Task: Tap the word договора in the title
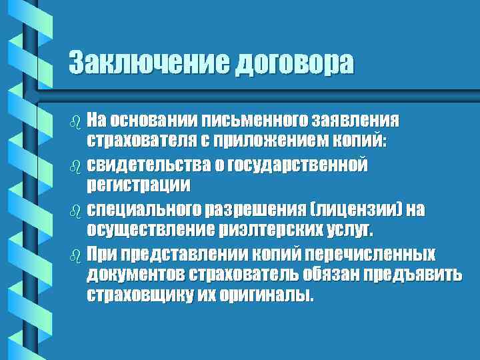point(293,63)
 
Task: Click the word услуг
point(351,230)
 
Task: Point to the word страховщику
point(138,295)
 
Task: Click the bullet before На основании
point(74,121)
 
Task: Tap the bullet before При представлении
point(74,255)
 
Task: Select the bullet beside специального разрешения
point(74,211)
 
